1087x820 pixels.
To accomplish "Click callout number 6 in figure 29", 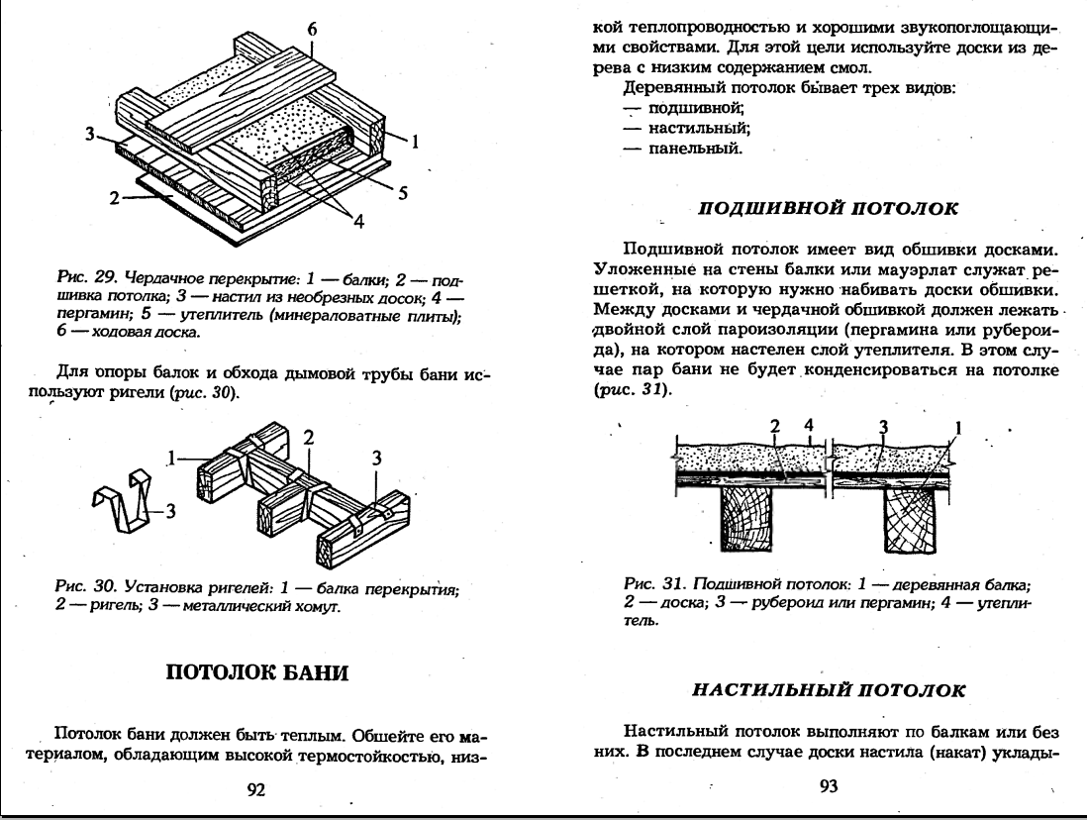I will (312, 29).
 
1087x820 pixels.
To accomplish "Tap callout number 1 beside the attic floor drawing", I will (417, 142).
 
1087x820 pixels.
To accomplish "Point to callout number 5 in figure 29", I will (403, 193).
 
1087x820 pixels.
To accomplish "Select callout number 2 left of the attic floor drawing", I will (116, 198).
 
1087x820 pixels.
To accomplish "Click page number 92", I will (255, 789).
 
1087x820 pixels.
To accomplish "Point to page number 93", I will (830, 787).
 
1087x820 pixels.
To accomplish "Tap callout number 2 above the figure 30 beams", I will (308, 437).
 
